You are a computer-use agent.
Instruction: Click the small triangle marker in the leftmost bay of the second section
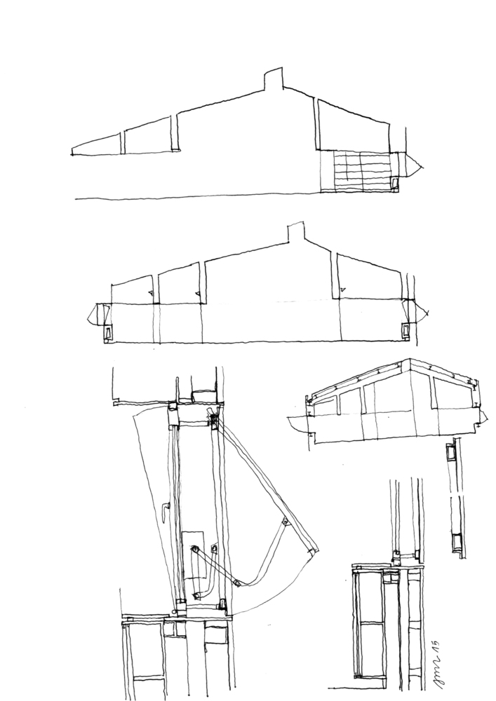150,292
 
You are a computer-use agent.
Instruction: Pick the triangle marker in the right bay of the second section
342,288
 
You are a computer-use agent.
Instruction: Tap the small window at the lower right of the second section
406,330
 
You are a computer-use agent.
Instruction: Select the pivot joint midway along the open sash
284,521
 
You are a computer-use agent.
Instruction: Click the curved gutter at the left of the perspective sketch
296,425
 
